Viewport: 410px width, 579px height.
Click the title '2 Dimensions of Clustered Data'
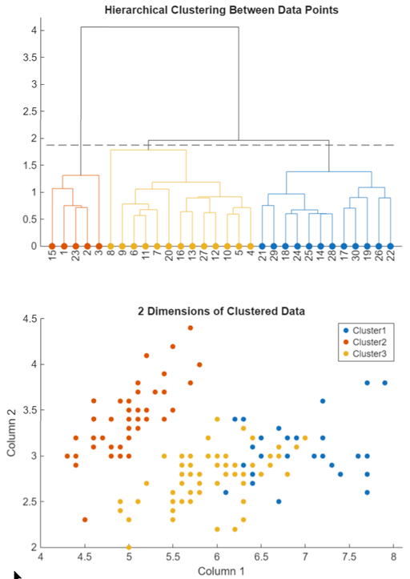[x=222, y=310]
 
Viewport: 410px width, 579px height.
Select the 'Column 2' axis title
[x=11, y=433]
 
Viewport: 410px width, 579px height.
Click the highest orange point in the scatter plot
[x=191, y=328]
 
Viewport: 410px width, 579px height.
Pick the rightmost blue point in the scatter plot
[x=385, y=383]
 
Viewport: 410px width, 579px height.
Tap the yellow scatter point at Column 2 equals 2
[x=129, y=547]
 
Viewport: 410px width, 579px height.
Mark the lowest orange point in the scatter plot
[x=85, y=520]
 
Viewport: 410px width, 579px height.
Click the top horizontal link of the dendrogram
[x=159, y=27]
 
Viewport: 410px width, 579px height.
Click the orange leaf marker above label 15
[x=52, y=246]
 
